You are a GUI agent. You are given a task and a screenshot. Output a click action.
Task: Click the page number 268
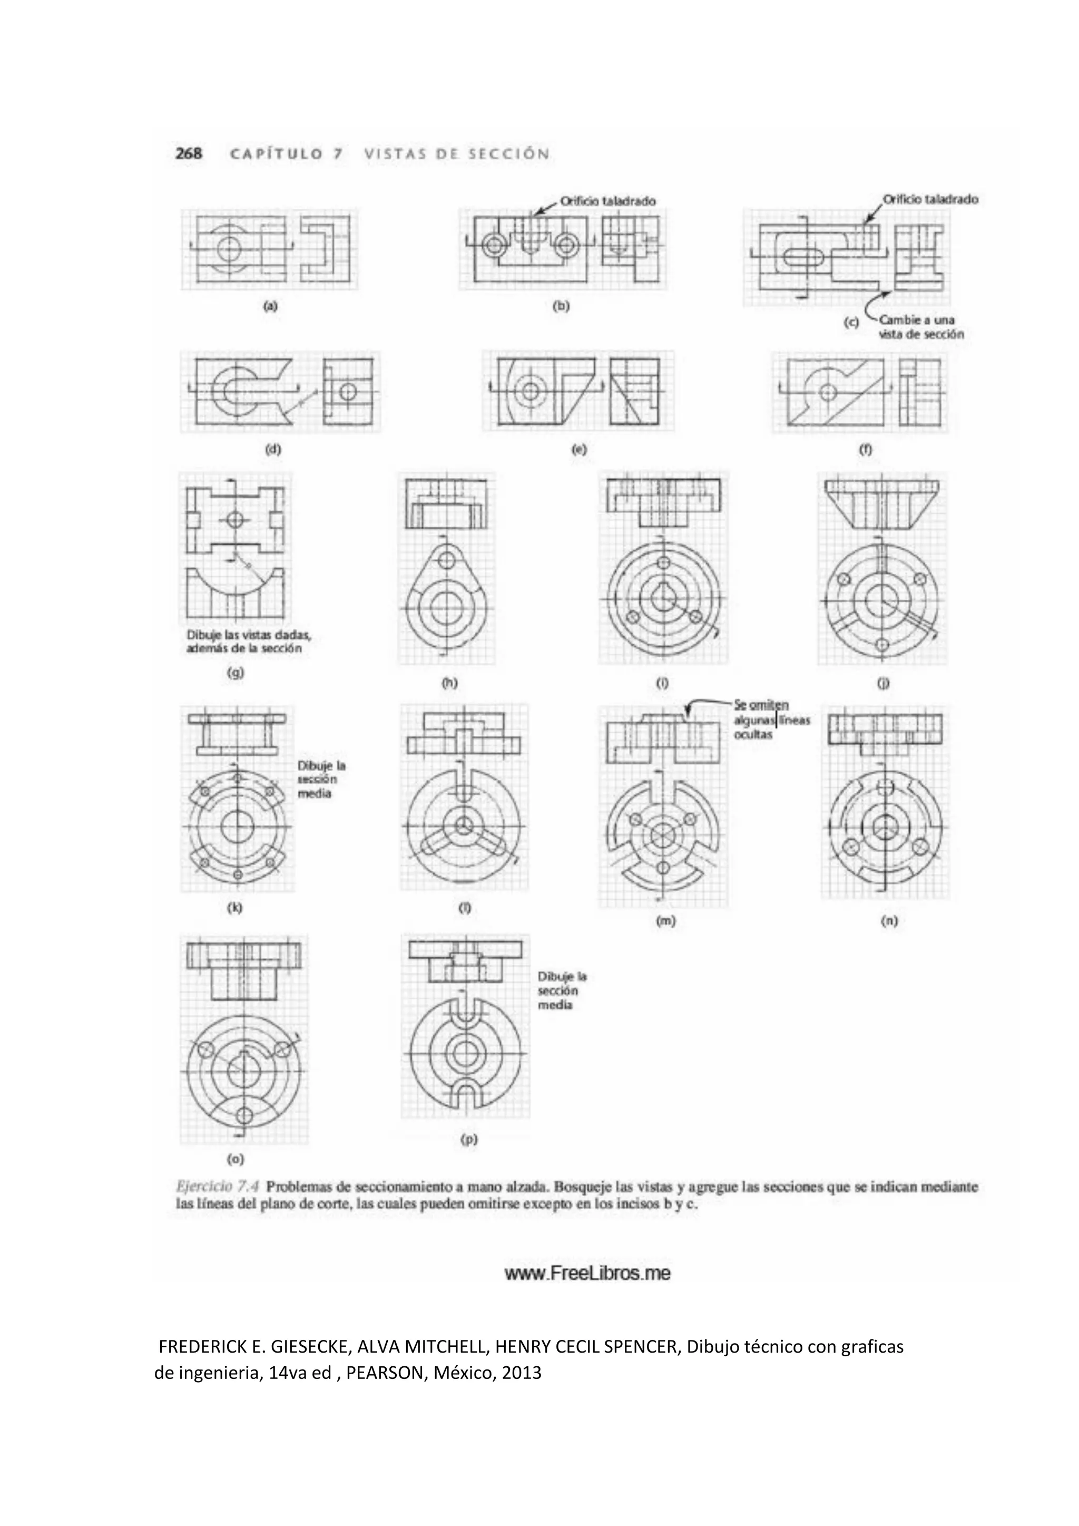coord(189,153)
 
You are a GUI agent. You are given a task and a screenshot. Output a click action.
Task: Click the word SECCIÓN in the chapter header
coord(508,153)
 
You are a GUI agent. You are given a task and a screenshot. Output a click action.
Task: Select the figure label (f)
coord(865,449)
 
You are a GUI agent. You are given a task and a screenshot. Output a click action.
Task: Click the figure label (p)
coord(469,1139)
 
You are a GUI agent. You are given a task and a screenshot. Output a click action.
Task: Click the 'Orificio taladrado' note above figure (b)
coord(607,200)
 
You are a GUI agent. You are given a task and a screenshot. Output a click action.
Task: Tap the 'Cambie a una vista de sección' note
coord(920,327)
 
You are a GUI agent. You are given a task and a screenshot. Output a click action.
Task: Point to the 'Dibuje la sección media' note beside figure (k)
coord(321,779)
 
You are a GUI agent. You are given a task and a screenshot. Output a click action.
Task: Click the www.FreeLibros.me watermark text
coord(587,1273)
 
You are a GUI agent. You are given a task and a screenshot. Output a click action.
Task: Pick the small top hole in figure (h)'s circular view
coord(447,560)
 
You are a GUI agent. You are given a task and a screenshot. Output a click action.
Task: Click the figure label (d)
coord(273,449)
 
